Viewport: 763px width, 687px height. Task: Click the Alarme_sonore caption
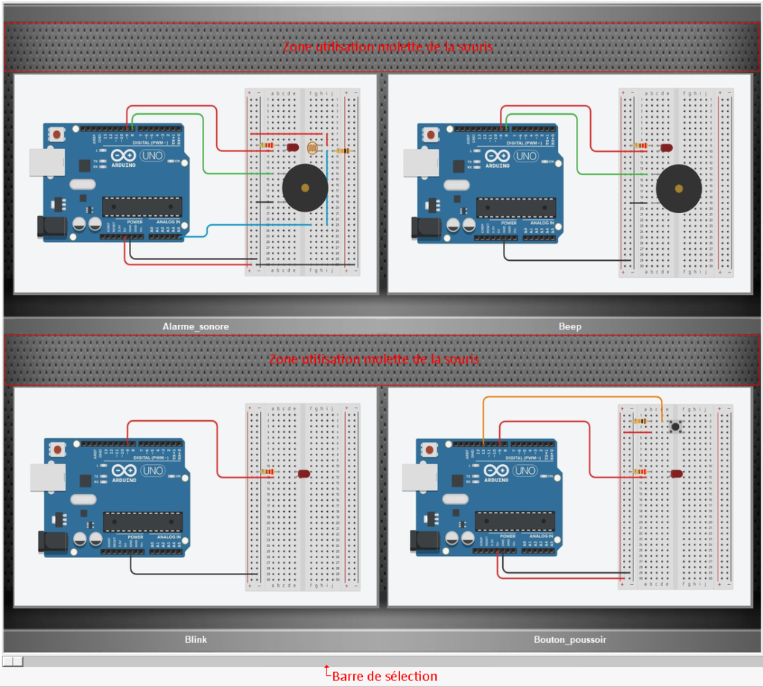click(x=195, y=326)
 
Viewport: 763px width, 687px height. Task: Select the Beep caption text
click(x=570, y=326)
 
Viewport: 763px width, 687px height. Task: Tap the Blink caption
click(x=195, y=639)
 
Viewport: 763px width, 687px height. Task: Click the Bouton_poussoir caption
click(x=570, y=639)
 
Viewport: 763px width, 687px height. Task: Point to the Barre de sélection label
click(x=384, y=677)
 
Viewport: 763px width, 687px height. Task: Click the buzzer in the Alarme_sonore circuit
click(x=305, y=189)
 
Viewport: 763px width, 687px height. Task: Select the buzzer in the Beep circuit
click(x=679, y=189)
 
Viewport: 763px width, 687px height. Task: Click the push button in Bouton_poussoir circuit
click(x=676, y=427)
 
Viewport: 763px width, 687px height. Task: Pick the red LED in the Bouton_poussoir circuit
click(x=676, y=474)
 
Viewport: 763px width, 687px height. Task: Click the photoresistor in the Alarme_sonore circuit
click(x=313, y=147)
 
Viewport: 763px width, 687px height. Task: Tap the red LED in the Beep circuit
click(x=665, y=149)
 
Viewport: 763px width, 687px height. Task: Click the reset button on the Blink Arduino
click(x=57, y=449)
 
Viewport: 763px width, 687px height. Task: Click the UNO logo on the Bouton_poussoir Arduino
click(x=525, y=471)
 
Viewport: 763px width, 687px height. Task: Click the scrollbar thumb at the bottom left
click(x=13, y=661)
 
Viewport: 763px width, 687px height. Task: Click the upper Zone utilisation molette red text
click(x=387, y=46)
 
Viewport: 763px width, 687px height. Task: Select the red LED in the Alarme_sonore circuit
click(x=293, y=148)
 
